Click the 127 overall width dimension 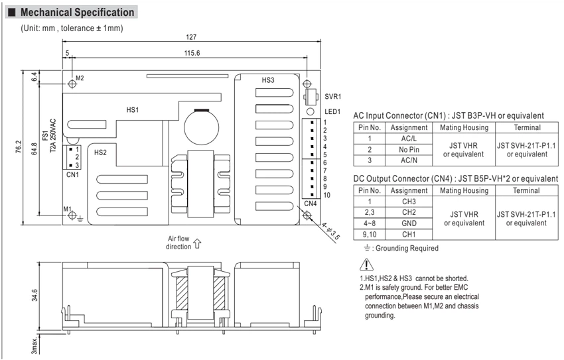(x=191, y=37)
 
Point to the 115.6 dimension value (x=192, y=53)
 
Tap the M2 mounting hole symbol (x=72, y=84)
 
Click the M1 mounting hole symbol (x=72, y=215)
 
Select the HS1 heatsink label (x=132, y=110)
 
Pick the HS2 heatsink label (x=100, y=152)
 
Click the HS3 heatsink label (x=268, y=80)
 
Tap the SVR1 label (x=332, y=96)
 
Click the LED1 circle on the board (x=310, y=112)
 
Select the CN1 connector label (x=73, y=174)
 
